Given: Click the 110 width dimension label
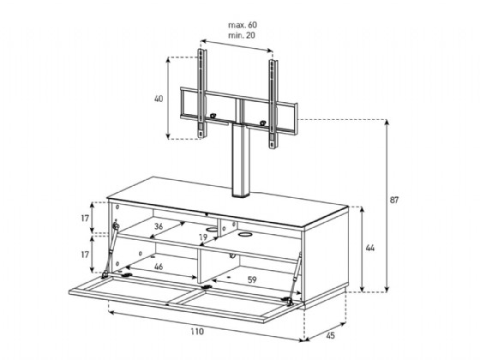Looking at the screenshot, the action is (x=197, y=332).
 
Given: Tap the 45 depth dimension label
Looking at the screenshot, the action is (x=330, y=335).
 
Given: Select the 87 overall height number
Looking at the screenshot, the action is (x=394, y=200).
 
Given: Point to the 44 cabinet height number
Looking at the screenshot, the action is (x=370, y=248).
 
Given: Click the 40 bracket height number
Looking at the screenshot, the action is (x=159, y=99).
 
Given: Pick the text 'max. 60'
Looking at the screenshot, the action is (x=243, y=25).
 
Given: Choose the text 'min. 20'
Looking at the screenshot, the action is (x=242, y=35).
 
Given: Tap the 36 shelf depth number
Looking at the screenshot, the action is (x=159, y=226).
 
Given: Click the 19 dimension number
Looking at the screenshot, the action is (x=203, y=237).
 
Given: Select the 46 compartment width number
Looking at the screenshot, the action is (x=159, y=267).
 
